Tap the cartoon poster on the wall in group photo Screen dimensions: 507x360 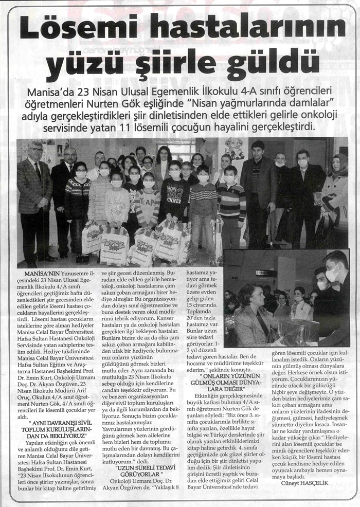[234, 149]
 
